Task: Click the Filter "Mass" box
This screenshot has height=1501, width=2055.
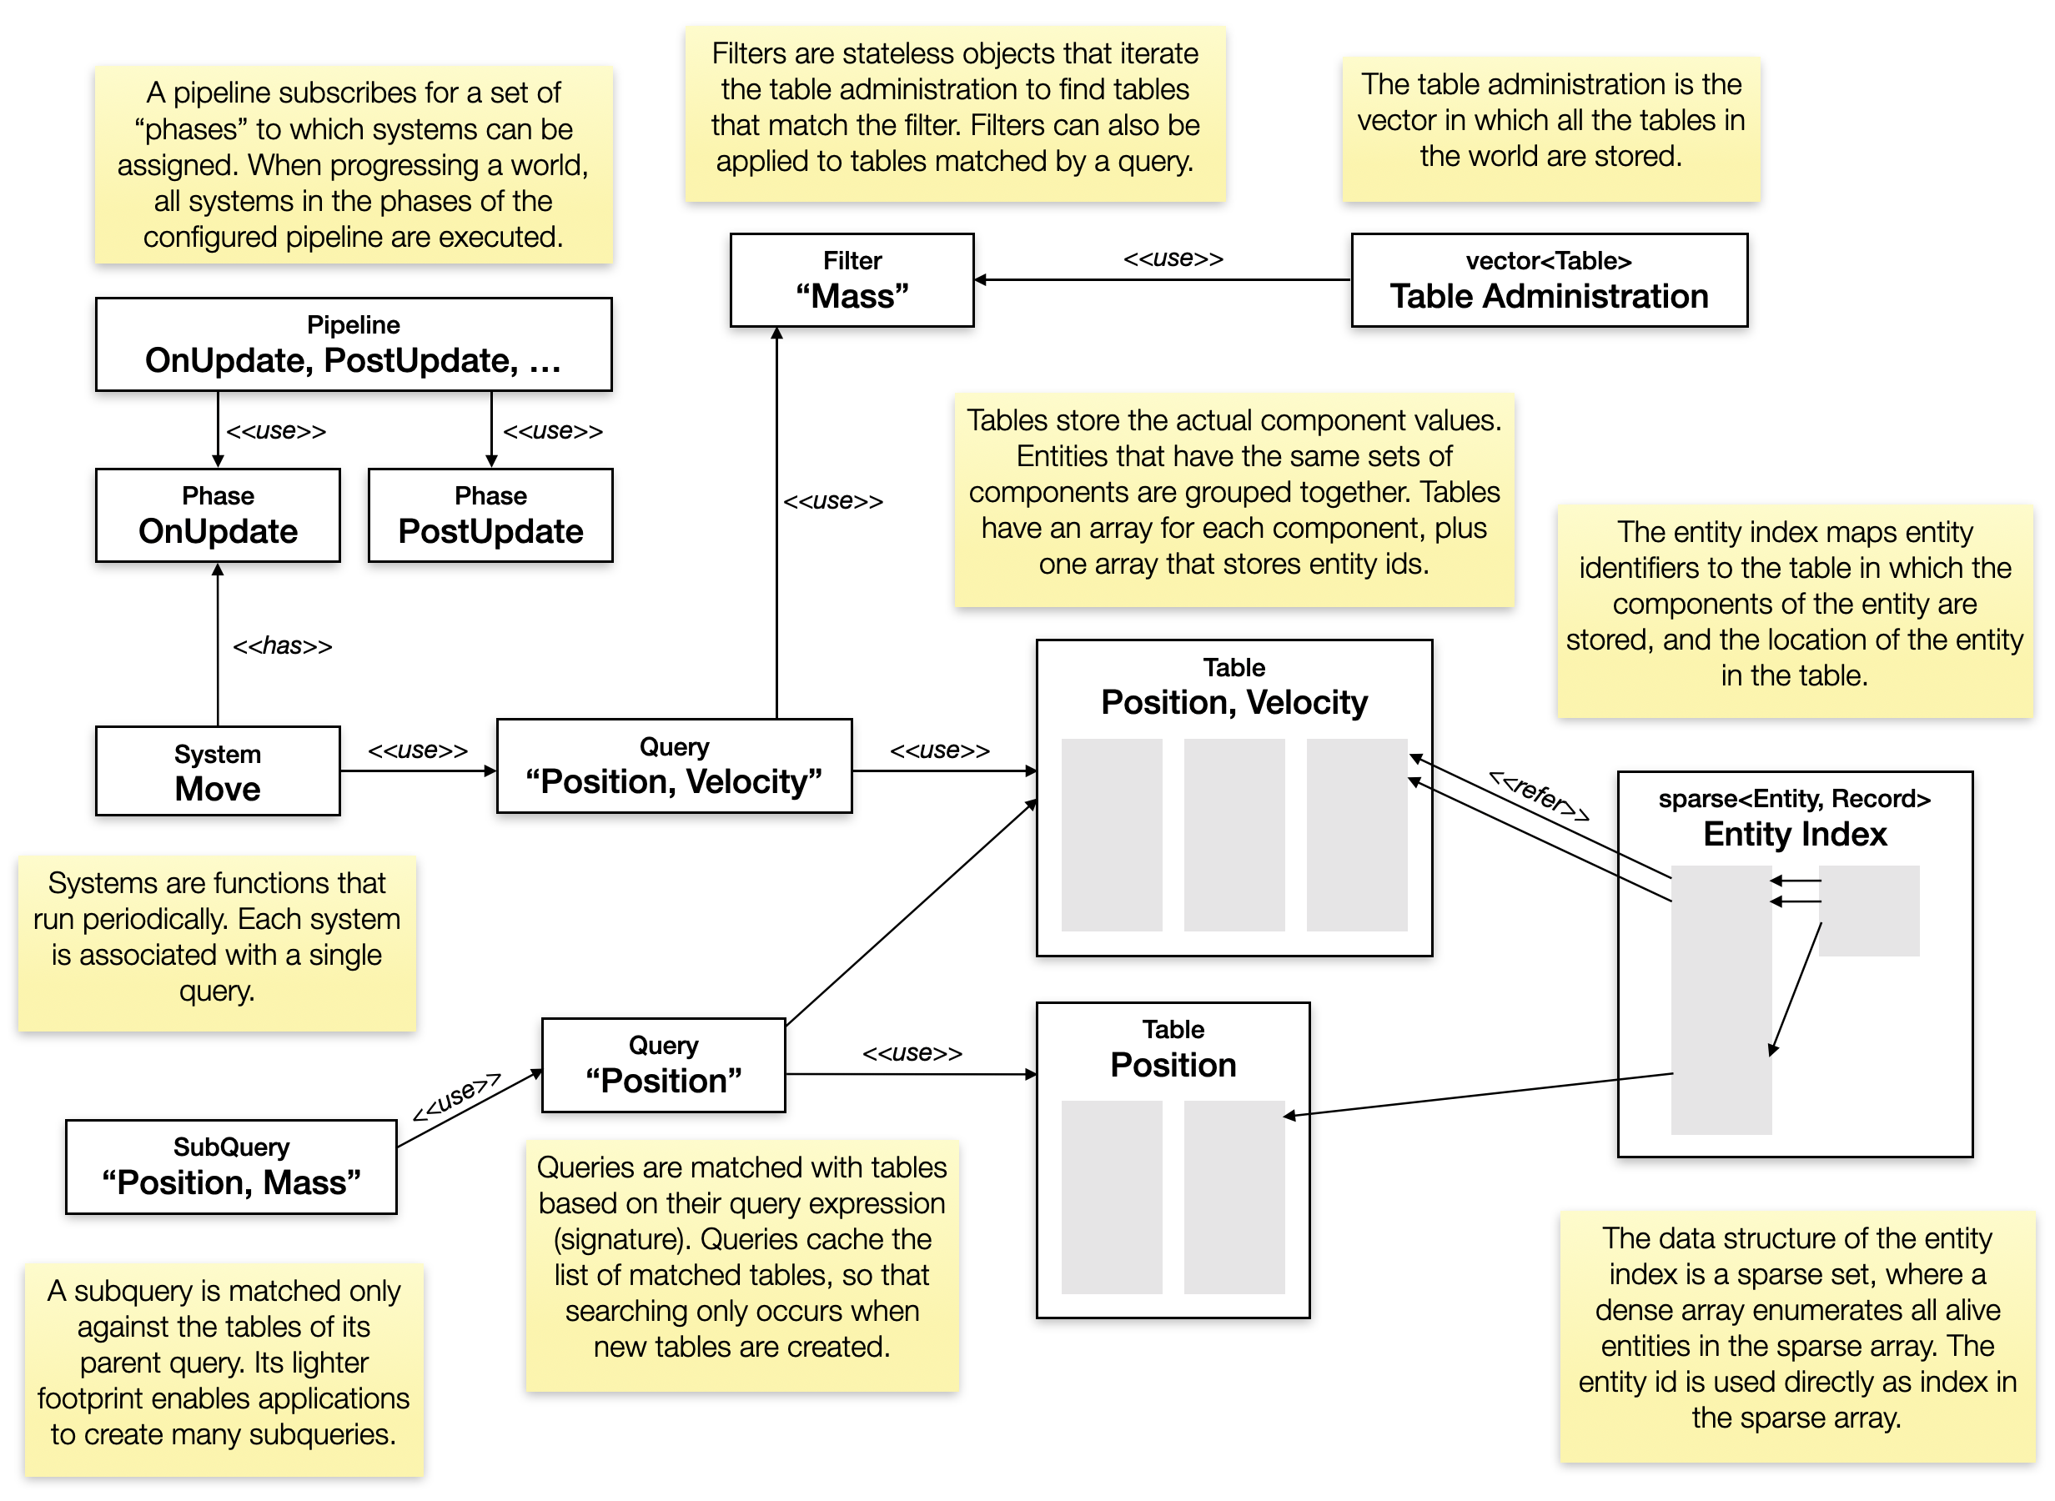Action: click(852, 280)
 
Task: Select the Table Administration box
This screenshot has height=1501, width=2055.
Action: click(1548, 280)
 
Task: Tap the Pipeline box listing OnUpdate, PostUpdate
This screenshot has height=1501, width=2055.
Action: click(354, 344)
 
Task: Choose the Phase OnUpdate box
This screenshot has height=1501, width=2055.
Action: click(218, 515)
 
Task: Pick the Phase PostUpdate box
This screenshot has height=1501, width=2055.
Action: click(490, 515)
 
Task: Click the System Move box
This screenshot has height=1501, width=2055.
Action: click(218, 771)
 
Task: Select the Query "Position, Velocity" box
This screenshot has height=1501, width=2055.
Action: click(673, 766)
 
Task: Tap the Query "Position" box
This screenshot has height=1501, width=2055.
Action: click(663, 1065)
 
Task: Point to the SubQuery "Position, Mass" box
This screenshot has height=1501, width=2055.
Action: click(231, 1167)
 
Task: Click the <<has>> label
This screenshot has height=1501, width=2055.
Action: click(283, 646)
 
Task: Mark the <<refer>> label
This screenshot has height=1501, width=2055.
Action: click(1538, 796)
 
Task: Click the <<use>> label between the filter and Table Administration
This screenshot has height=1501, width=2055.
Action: click(1173, 259)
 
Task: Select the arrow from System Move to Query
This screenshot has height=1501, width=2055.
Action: click(418, 771)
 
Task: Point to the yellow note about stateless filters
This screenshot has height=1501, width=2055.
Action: click(955, 113)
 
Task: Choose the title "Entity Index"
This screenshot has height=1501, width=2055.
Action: click(1794, 834)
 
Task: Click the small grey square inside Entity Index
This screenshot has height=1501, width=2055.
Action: click(1869, 911)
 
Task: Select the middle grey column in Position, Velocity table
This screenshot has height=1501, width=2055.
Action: click(1234, 835)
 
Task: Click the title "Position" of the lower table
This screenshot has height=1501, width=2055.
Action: click(1173, 1065)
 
